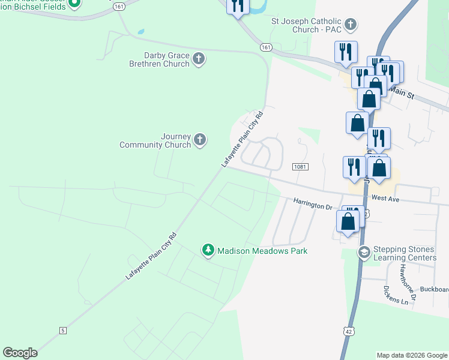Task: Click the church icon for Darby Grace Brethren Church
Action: click(x=199, y=59)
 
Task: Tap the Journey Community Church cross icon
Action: click(x=200, y=140)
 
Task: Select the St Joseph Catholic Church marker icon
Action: click(x=351, y=25)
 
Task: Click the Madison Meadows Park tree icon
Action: click(x=208, y=250)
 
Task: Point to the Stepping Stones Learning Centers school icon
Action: click(x=363, y=253)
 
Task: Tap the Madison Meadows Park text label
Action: click(x=262, y=251)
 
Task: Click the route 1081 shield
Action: click(x=300, y=166)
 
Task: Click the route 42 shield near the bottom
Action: click(x=349, y=331)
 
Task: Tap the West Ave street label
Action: click(x=385, y=197)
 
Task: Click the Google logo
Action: click(x=20, y=353)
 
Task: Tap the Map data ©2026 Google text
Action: click(x=411, y=355)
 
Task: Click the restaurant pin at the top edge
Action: click(x=238, y=5)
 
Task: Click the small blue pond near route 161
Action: click(x=140, y=32)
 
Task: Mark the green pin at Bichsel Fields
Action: click(x=74, y=3)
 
